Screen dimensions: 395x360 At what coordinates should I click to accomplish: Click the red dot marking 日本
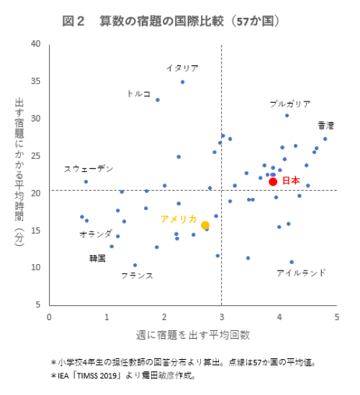pyautogui.click(x=273, y=181)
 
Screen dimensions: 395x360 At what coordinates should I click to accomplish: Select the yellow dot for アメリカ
pyautogui.click(x=205, y=225)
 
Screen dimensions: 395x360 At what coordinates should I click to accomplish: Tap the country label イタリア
pyautogui.click(x=182, y=68)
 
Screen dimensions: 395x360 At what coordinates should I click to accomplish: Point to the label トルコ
pyautogui.click(x=138, y=94)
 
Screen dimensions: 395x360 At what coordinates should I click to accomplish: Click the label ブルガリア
pyautogui.click(x=290, y=104)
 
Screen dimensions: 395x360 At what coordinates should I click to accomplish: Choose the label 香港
pyautogui.click(x=326, y=125)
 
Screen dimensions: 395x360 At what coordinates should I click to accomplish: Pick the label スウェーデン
pyautogui.click(x=89, y=168)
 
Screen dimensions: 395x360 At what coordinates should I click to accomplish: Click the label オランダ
pyautogui.click(x=96, y=234)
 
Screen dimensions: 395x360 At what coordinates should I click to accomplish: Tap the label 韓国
pyautogui.click(x=98, y=258)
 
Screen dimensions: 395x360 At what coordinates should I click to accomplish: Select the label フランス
pyautogui.click(x=137, y=275)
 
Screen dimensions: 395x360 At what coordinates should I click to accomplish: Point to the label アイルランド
pyautogui.click(x=301, y=273)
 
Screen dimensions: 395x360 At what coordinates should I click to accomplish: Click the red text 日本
pyautogui.click(x=290, y=181)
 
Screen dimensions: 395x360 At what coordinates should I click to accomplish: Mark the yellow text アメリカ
pyautogui.click(x=179, y=219)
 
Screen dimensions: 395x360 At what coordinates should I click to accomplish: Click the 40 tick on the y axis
pyautogui.click(x=35, y=44)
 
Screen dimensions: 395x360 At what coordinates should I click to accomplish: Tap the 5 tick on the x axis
pyautogui.click(x=336, y=317)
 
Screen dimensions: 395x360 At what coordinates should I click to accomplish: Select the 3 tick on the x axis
pyautogui.click(x=221, y=317)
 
